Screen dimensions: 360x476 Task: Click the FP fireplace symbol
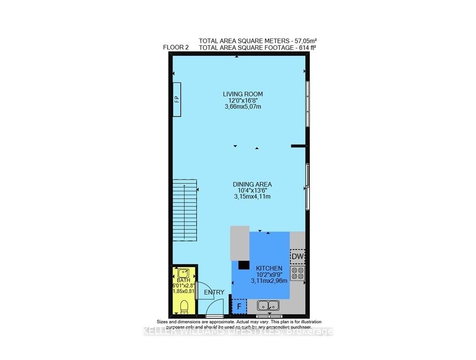[x=176, y=99]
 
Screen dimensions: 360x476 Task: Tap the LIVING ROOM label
[x=243, y=94]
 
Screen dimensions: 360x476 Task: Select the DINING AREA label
[x=252, y=184]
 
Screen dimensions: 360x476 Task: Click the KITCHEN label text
[x=269, y=269]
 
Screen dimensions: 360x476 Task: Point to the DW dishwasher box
[x=297, y=257]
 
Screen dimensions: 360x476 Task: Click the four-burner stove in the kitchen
[x=297, y=273]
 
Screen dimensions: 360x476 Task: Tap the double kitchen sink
[x=269, y=306]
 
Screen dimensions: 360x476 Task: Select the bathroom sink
[x=183, y=273]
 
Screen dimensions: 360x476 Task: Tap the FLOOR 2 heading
[x=176, y=47]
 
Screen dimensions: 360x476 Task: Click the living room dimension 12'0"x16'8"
[x=243, y=100]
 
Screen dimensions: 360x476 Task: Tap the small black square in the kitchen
[x=244, y=265]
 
